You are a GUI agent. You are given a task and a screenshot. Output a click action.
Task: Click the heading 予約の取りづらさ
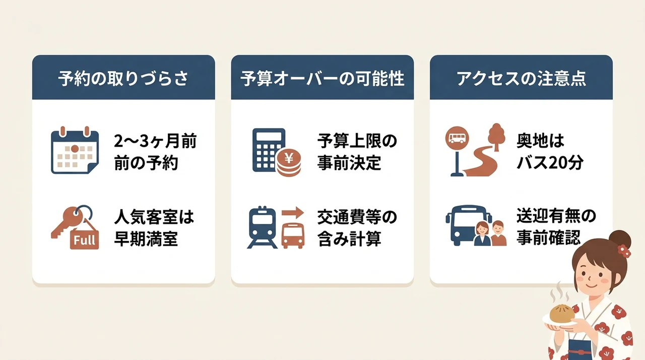pyautogui.click(x=123, y=78)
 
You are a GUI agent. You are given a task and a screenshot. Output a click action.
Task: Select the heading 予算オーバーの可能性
pyautogui.click(x=322, y=78)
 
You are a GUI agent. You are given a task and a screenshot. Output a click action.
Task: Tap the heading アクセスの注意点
pyautogui.click(x=521, y=78)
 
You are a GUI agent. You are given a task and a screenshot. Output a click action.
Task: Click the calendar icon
pyautogui.click(x=75, y=150)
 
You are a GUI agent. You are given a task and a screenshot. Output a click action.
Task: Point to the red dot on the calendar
pyautogui.click(x=75, y=149)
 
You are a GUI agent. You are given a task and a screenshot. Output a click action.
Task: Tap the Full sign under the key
pyautogui.click(x=84, y=239)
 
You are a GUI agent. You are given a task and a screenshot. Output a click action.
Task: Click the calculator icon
pyautogui.click(x=269, y=150)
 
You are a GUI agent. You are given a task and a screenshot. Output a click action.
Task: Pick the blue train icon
pyautogui.click(x=263, y=227)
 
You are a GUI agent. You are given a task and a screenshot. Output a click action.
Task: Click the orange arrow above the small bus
pyautogui.click(x=293, y=213)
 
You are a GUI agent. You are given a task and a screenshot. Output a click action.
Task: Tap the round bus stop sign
pyautogui.click(x=457, y=138)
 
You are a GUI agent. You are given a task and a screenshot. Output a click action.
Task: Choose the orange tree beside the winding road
pyautogui.click(x=496, y=137)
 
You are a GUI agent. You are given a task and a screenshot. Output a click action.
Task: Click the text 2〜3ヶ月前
pyautogui.click(x=155, y=141)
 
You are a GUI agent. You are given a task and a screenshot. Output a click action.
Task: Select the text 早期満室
pyautogui.click(x=146, y=238)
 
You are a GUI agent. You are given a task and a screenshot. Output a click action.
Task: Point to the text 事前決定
pyautogui.click(x=349, y=163)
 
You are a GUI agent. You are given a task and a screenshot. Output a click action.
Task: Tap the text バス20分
pyautogui.click(x=550, y=163)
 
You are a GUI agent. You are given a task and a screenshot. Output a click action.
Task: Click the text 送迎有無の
pyautogui.click(x=556, y=216)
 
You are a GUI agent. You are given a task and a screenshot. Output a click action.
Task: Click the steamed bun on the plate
pyautogui.click(x=562, y=313)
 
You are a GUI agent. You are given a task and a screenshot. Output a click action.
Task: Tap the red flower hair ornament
pyautogui.click(x=624, y=251)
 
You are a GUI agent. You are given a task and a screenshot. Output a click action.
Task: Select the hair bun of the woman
pyautogui.click(x=620, y=239)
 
